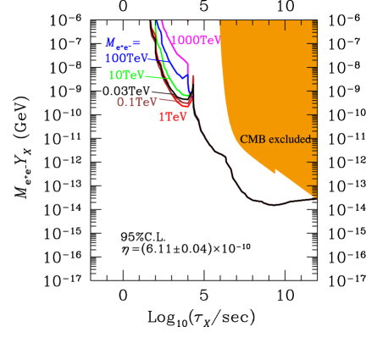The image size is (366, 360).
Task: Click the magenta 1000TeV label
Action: [196, 40]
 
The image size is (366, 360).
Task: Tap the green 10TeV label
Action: [125, 75]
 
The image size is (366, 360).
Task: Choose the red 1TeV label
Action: [173, 117]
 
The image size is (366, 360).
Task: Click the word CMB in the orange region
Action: [252, 139]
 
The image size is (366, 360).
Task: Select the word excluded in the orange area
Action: [290, 139]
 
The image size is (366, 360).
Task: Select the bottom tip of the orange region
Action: [315, 197]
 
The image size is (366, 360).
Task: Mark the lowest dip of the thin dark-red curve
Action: [274, 204]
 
